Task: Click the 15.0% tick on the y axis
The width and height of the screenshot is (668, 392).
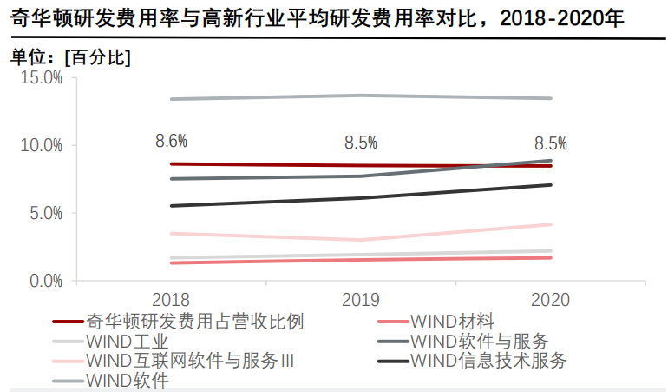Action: tap(42, 77)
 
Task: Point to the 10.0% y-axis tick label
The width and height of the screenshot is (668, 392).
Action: tap(42, 145)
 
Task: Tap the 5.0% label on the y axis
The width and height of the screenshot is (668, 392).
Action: tap(45, 213)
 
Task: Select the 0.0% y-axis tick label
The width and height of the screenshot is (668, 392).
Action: tap(45, 281)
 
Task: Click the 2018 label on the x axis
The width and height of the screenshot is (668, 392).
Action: tap(171, 300)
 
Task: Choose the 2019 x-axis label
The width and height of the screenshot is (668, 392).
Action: tap(361, 300)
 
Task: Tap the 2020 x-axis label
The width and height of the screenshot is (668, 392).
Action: tap(551, 300)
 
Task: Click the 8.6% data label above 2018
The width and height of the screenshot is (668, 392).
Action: tap(171, 141)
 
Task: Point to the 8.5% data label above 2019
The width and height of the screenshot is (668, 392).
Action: tap(361, 143)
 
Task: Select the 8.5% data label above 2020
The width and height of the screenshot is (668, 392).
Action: tap(551, 143)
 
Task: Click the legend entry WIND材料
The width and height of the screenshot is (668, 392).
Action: tap(452, 322)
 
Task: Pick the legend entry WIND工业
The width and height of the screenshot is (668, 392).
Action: tap(128, 342)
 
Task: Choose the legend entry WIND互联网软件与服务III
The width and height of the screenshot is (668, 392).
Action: tap(190, 361)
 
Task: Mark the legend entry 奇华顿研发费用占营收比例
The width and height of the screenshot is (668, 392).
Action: tap(195, 322)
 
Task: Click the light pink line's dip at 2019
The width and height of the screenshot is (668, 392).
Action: tap(361, 240)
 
